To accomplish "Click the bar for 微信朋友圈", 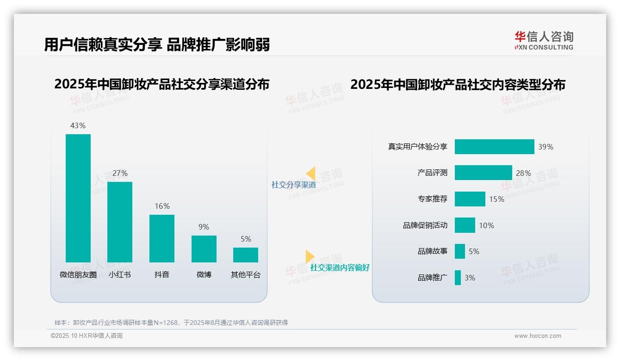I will click(x=78, y=198).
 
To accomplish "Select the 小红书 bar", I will click(x=120, y=222).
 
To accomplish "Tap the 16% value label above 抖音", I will click(x=162, y=206).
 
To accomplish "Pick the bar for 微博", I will click(x=204, y=249).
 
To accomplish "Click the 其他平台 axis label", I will click(x=246, y=275).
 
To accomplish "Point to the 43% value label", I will click(x=78, y=126).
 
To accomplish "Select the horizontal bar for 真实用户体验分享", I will click(x=494, y=147).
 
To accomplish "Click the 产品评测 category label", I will click(x=432, y=173).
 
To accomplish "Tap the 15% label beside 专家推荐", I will click(x=496, y=199).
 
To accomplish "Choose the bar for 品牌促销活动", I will click(x=465, y=225).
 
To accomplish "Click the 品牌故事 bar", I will click(x=459, y=251).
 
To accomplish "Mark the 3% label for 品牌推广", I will click(x=470, y=278).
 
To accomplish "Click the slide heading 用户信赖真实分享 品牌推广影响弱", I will click(x=157, y=44).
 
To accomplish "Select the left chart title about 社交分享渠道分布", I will click(x=161, y=85).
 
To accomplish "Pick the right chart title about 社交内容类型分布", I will click(x=458, y=85).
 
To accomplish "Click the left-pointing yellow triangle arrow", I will click(x=311, y=174).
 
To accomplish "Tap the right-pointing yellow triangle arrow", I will click(x=310, y=256).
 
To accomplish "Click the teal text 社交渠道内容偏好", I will click(x=340, y=268).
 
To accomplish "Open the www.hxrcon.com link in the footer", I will click(x=537, y=336).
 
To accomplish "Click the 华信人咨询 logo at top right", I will click(x=544, y=40).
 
